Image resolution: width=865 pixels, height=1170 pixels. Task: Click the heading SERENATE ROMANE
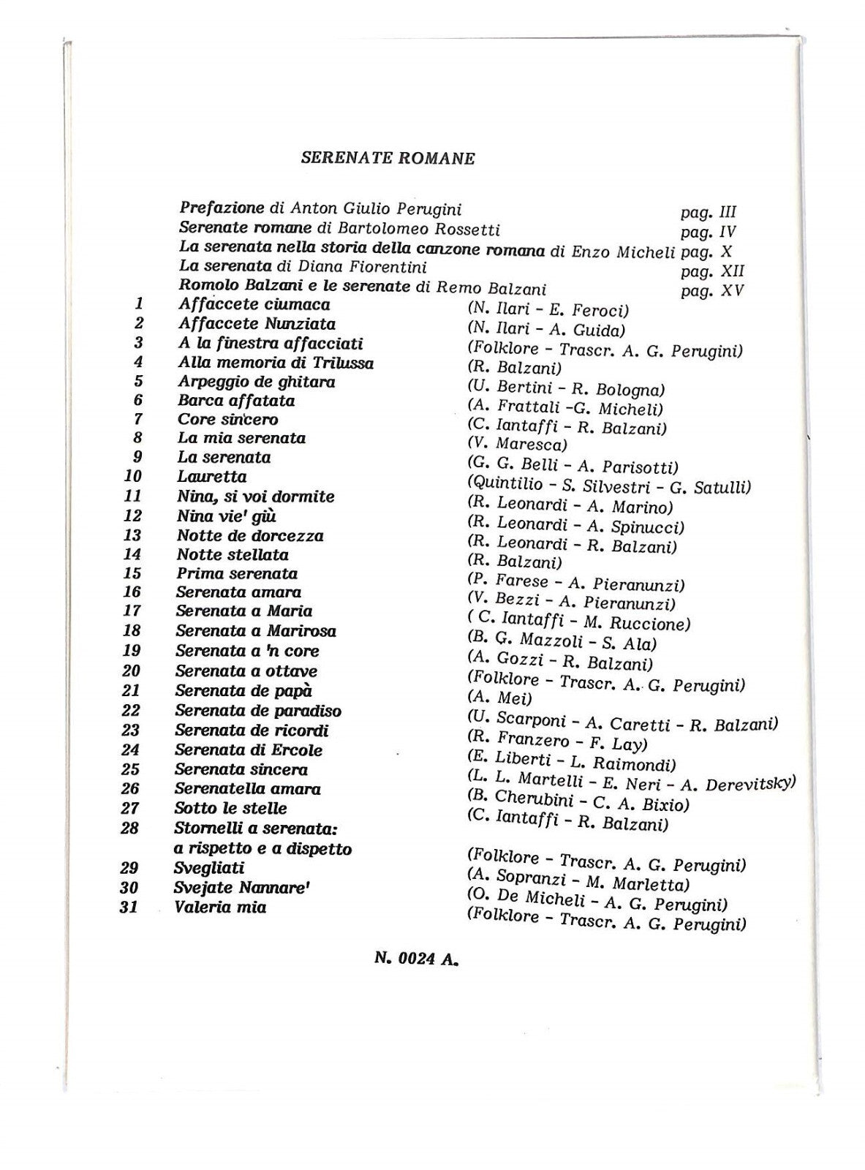tap(388, 158)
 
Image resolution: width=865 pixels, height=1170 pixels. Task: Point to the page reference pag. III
tap(708, 212)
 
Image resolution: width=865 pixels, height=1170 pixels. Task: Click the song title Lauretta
tap(211, 477)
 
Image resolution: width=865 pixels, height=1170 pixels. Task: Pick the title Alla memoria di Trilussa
tap(276, 363)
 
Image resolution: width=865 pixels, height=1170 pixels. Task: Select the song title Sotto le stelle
tap(230, 808)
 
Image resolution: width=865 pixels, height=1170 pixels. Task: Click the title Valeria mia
tap(220, 907)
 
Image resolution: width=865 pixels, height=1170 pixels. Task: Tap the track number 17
tap(132, 611)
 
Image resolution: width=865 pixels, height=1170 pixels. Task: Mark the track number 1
tap(139, 304)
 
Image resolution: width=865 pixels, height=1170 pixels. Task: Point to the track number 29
tap(129, 868)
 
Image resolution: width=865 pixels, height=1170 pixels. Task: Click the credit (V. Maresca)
tap(517, 444)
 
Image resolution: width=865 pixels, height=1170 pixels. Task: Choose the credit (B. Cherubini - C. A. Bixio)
tap(578, 801)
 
